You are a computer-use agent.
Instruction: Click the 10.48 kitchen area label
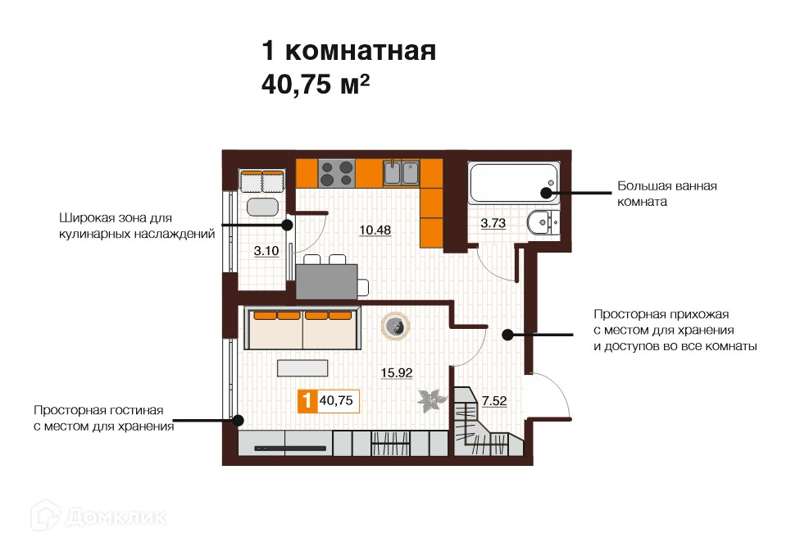375,230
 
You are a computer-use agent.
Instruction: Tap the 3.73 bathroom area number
493,223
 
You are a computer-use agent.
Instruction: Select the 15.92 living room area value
397,372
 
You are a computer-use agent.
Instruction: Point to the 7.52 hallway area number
494,401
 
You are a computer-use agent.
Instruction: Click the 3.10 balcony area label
266,251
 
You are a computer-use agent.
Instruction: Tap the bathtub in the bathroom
514,183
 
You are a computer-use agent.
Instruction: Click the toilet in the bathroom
543,223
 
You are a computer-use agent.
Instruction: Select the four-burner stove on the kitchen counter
336,173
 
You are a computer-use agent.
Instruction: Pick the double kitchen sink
401,173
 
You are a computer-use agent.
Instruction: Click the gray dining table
326,281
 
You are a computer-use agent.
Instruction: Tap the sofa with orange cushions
302,329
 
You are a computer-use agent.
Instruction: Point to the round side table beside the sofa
396,326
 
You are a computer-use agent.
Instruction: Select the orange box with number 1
307,401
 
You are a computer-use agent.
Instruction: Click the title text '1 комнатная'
349,51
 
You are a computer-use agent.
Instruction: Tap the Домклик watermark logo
98,516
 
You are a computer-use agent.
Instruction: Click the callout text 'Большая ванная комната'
667,194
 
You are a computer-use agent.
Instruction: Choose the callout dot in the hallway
507,335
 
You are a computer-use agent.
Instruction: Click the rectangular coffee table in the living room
302,367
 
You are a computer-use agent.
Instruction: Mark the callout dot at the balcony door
288,225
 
